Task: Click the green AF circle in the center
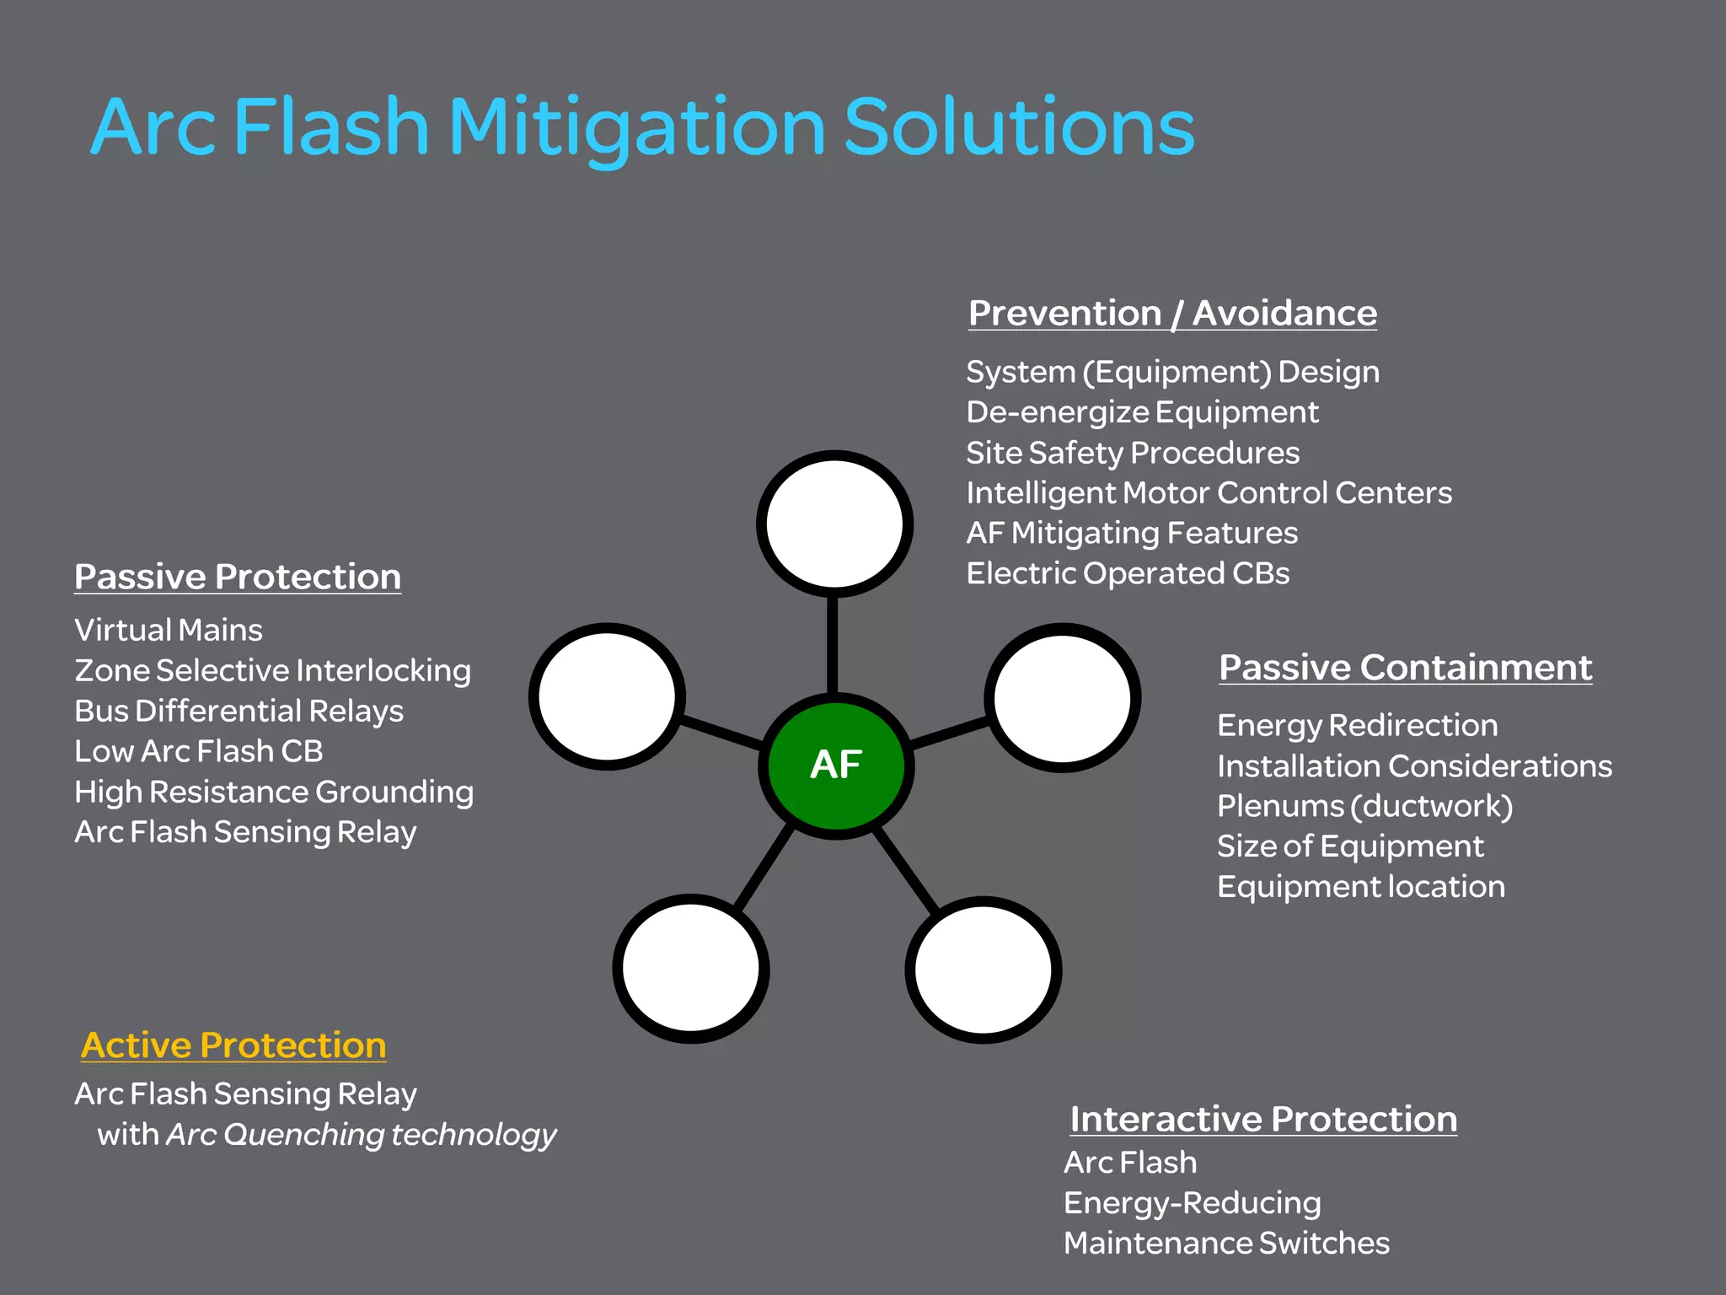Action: [836, 765]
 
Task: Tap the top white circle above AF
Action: [834, 524]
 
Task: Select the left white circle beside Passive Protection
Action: [607, 696]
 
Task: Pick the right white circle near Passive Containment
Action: [1063, 697]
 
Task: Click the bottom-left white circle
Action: [690, 969]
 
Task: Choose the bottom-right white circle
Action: [983, 970]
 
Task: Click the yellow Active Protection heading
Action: [233, 1045]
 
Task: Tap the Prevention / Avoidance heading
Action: [1172, 313]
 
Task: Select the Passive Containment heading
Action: [1405, 668]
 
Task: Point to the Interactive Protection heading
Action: [1262, 1120]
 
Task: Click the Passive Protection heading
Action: [238, 577]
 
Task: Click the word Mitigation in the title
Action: [637, 128]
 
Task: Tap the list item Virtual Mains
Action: [169, 630]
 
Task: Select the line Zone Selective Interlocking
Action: [272, 670]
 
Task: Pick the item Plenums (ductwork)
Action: [1364, 806]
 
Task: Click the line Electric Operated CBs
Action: [1128, 573]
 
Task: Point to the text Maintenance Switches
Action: [1226, 1243]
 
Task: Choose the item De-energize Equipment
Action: [1142, 412]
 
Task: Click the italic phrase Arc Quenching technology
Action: [362, 1135]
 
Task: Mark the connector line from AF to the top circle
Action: [833, 645]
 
